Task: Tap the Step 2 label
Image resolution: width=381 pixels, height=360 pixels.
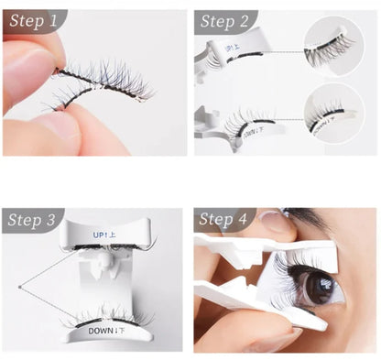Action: (223, 21)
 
